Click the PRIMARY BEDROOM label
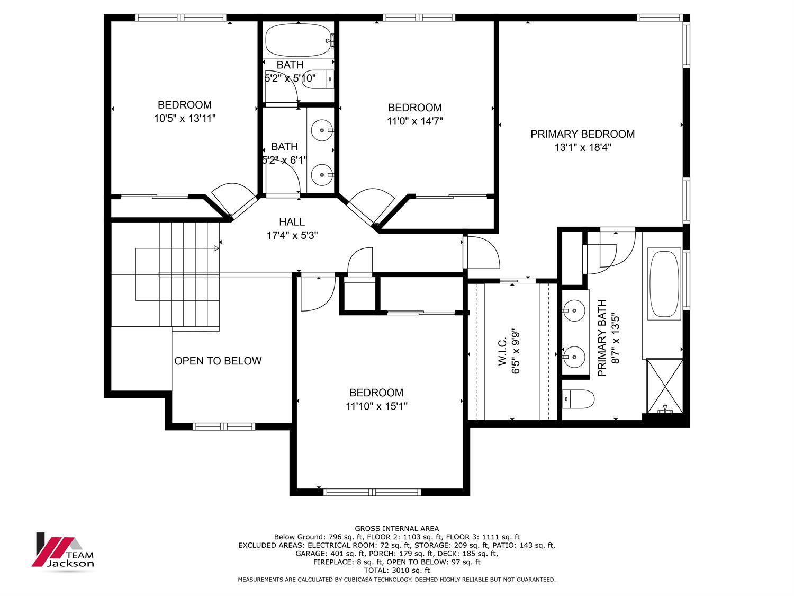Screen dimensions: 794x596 [x=582, y=134]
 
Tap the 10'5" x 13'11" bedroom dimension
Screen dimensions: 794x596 [x=185, y=118]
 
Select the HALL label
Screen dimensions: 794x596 [x=292, y=222]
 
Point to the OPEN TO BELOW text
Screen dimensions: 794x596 [x=218, y=361]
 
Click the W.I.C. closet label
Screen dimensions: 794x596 [x=502, y=352]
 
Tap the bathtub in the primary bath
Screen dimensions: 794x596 [x=664, y=284]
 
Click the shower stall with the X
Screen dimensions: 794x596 [x=664, y=386]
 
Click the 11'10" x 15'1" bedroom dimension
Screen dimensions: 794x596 [x=376, y=406]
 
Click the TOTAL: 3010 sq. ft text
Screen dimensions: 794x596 [x=396, y=570]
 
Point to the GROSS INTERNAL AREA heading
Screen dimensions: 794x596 [x=396, y=529]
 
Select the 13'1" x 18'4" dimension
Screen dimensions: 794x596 [x=583, y=147]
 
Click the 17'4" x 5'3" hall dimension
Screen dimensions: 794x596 [x=292, y=236]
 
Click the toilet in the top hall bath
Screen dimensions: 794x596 [x=318, y=79]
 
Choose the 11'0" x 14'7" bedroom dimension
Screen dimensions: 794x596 [x=415, y=121]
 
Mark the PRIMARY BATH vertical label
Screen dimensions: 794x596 [x=602, y=338]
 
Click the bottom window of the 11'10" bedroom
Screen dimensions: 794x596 [x=372, y=492]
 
